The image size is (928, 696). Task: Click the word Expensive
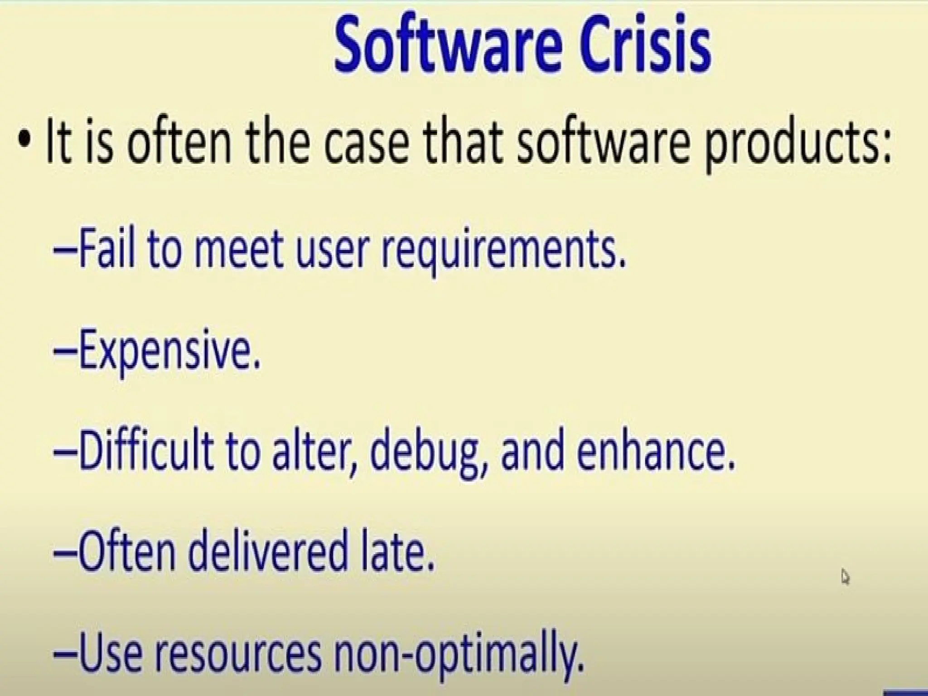pos(170,353)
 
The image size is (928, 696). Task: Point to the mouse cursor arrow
pos(845,577)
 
